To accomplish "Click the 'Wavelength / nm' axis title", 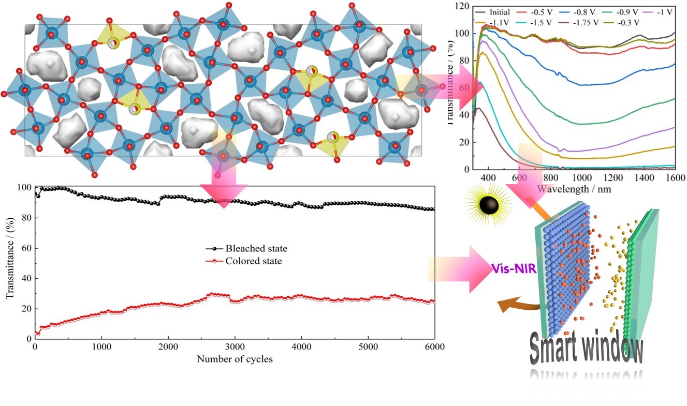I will [574, 189].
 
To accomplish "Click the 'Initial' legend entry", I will [499, 12].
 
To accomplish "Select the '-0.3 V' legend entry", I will [631, 22].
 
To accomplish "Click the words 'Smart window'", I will [586, 351].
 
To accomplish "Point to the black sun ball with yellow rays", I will [489, 205].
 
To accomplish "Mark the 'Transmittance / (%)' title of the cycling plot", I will [9, 262].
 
